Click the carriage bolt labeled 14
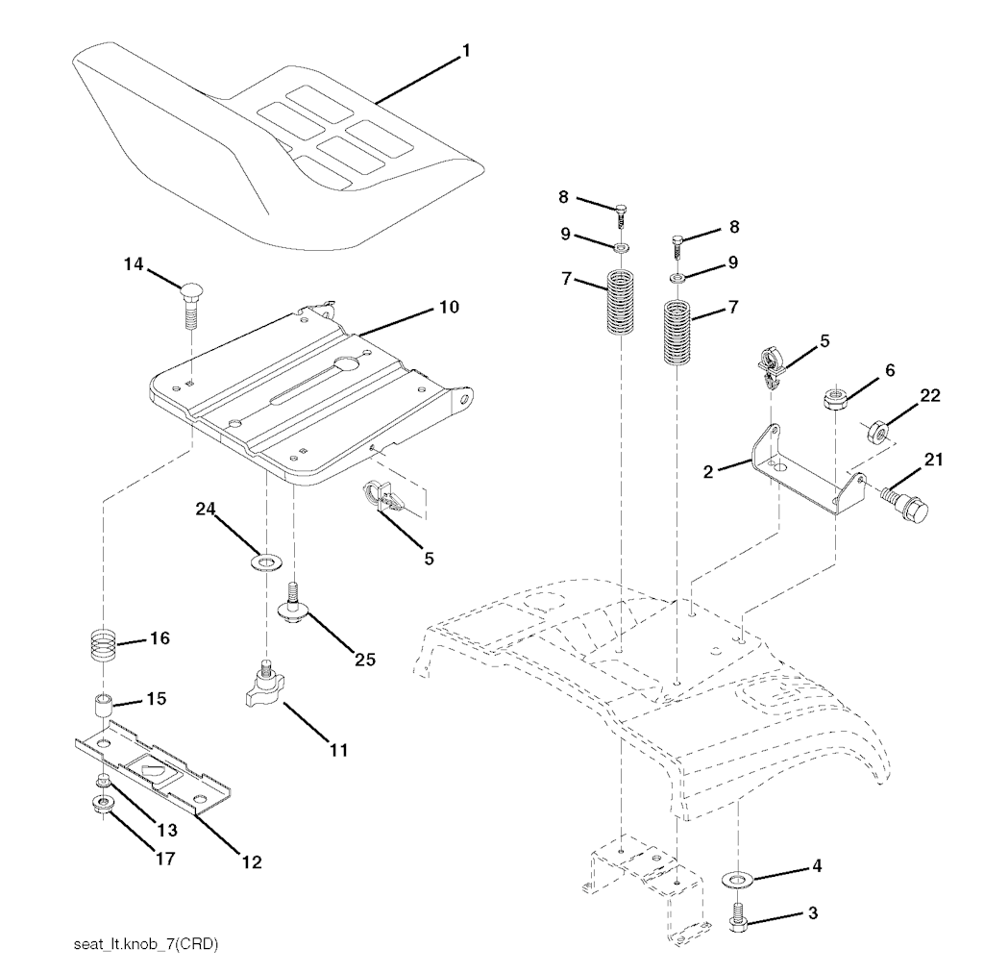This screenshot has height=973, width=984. (189, 306)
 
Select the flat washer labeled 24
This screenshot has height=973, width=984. (265, 559)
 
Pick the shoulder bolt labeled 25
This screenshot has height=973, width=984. (292, 603)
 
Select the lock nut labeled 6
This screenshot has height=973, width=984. (835, 400)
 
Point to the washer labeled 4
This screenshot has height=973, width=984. (739, 878)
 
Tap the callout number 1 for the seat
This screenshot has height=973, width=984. (466, 51)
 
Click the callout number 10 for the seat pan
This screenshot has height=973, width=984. (449, 307)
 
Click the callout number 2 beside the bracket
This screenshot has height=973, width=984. (708, 472)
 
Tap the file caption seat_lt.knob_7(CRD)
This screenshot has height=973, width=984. (146, 944)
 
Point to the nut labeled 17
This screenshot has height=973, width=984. (101, 804)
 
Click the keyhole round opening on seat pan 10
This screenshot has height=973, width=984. (345, 363)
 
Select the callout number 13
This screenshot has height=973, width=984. (167, 830)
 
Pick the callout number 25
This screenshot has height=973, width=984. (364, 660)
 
